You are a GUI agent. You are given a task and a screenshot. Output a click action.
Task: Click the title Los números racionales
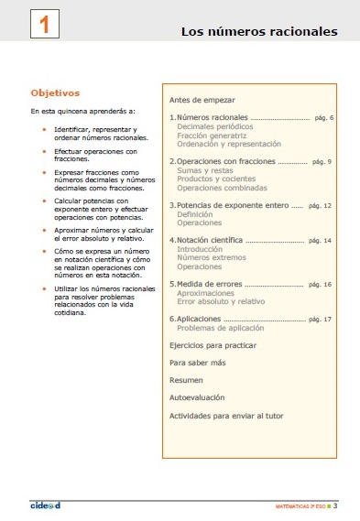pyautogui.click(x=259, y=32)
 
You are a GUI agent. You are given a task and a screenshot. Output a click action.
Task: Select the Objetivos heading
pyautogui.click(x=55, y=92)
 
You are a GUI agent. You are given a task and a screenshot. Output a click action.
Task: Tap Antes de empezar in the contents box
pyautogui.click(x=202, y=99)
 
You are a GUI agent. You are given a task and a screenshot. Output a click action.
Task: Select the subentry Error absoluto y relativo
pyautogui.click(x=221, y=301)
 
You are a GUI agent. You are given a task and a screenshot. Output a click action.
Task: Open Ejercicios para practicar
pyautogui.click(x=213, y=345)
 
